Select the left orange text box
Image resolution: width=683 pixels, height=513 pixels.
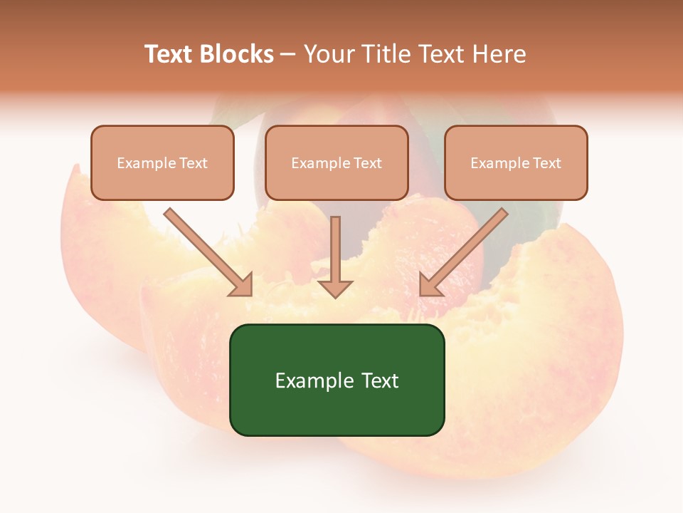tap(162, 162)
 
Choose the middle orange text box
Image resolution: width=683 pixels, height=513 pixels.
tap(337, 162)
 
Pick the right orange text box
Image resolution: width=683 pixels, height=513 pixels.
tap(516, 162)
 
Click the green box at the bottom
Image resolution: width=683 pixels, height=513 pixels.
tap(337, 380)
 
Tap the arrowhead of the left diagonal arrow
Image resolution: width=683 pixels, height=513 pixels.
tap(242, 285)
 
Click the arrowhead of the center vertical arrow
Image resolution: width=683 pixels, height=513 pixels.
tap(335, 289)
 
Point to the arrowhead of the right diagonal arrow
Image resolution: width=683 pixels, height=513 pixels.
tap(430, 285)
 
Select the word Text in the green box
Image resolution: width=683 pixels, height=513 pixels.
tap(380, 380)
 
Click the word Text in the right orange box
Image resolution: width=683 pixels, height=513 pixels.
tap(546, 163)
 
